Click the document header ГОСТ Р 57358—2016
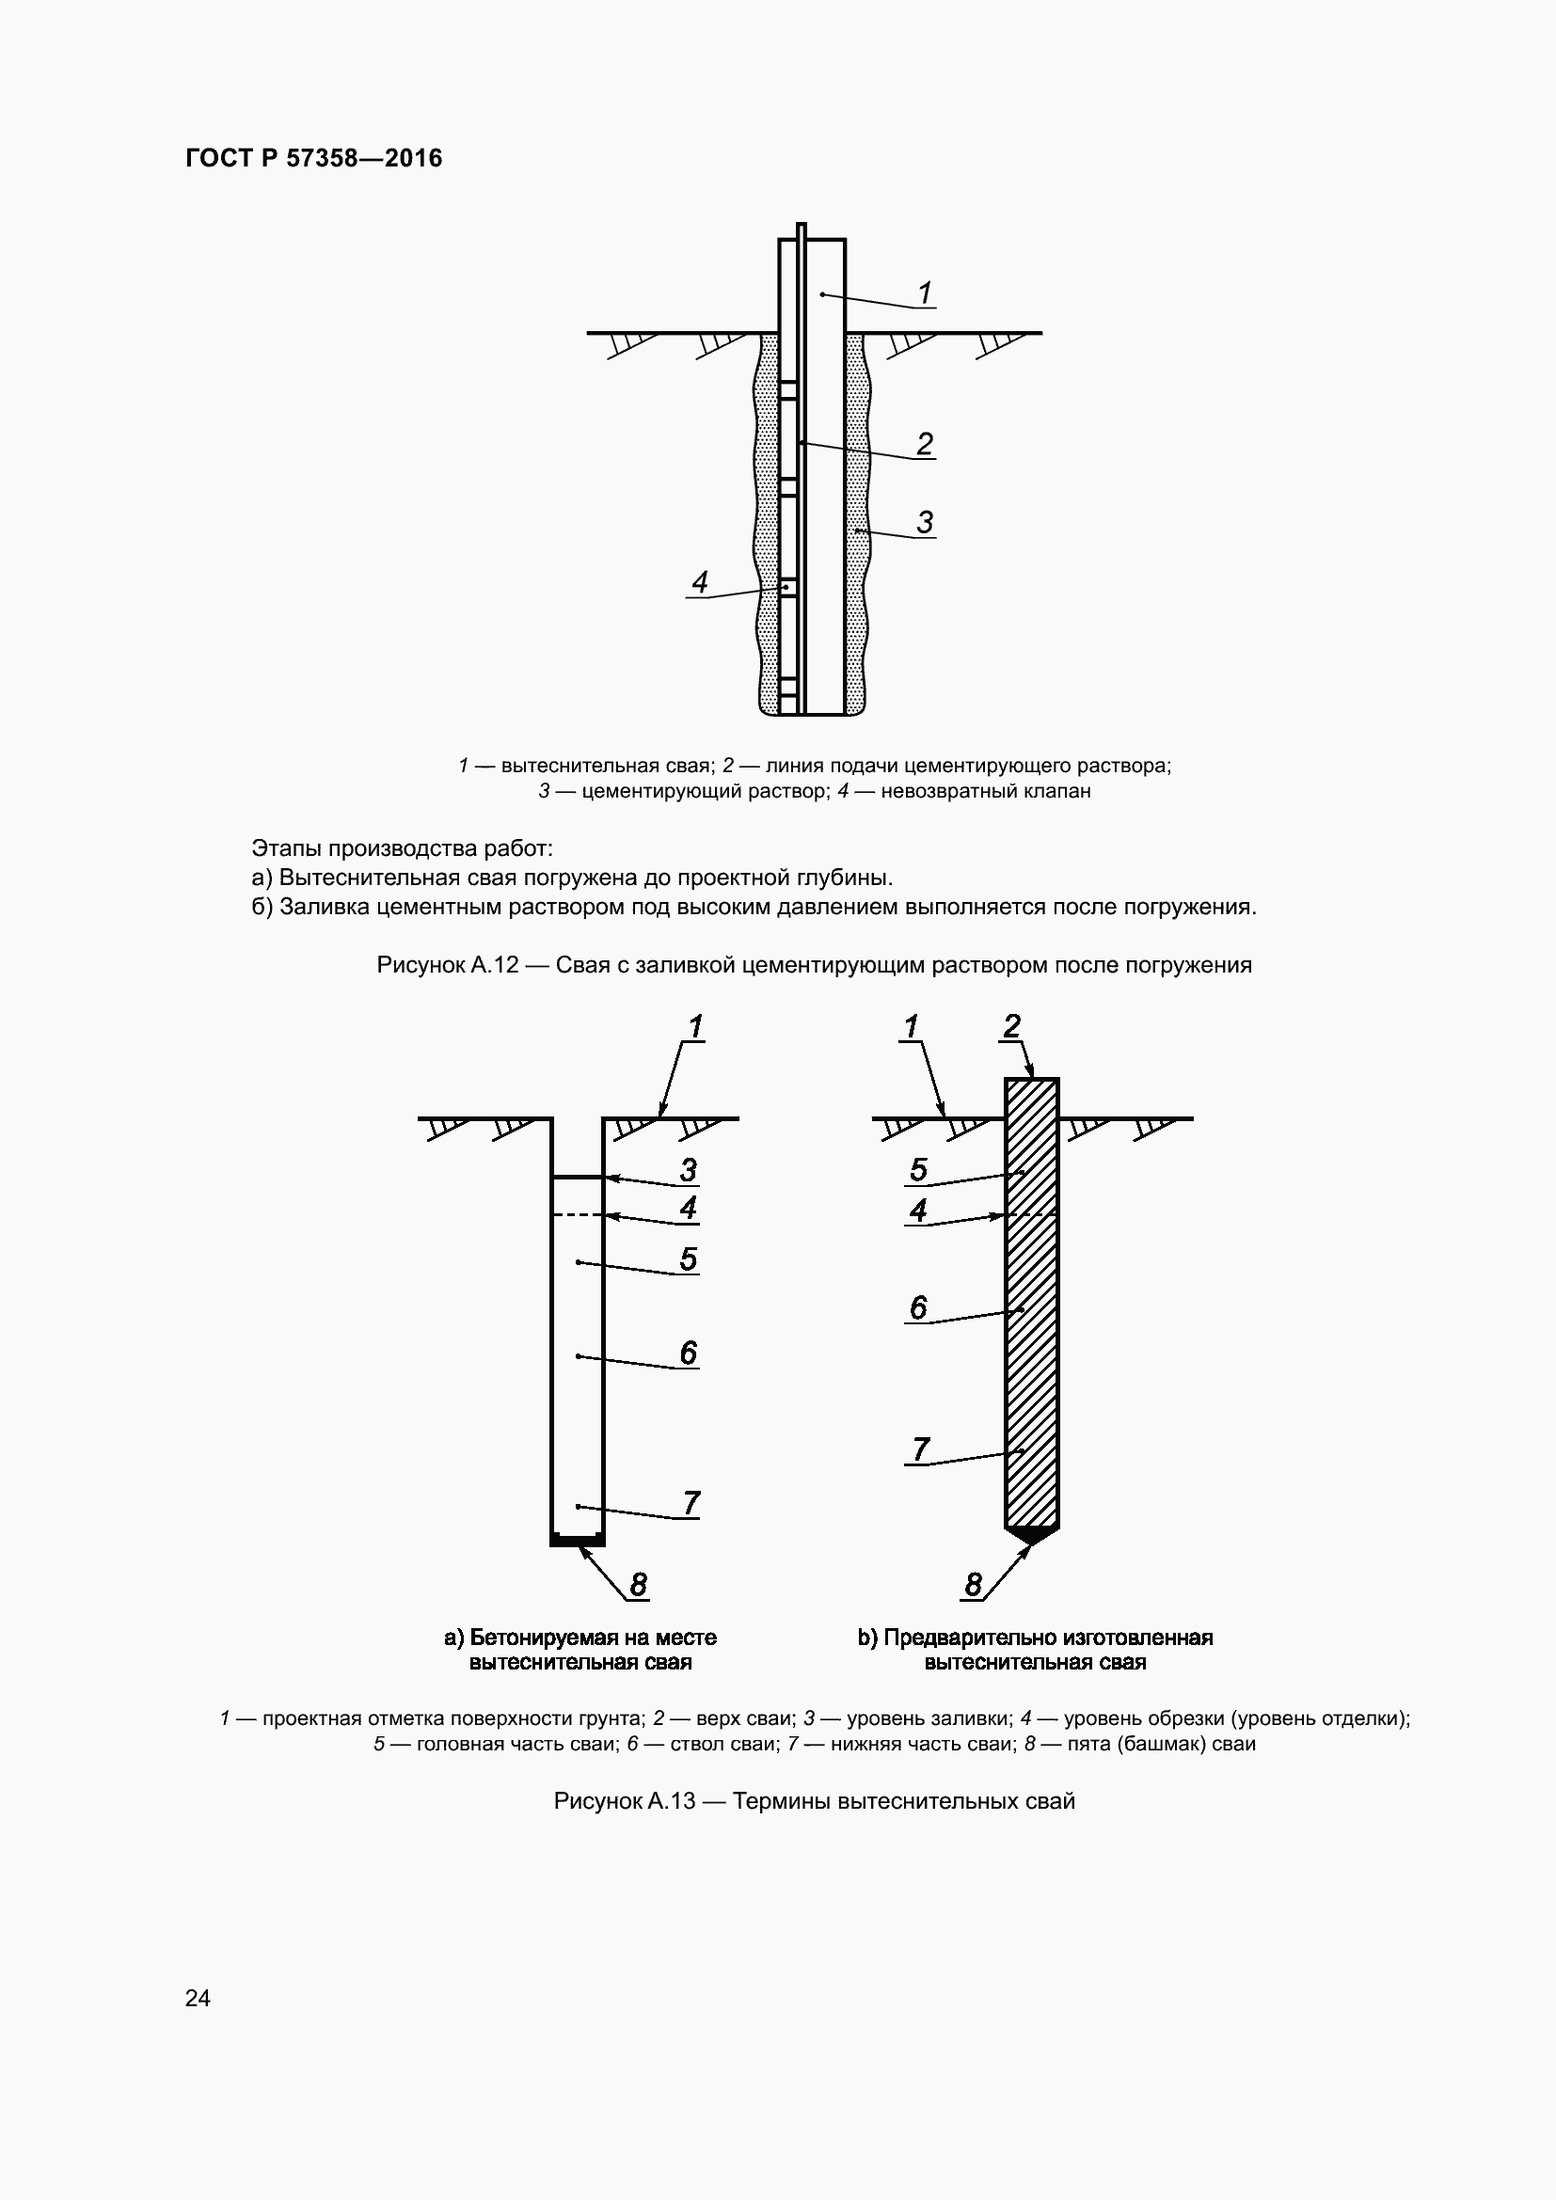(x=314, y=158)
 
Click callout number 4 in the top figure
(x=701, y=581)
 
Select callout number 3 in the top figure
(x=925, y=522)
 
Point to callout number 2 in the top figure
(x=925, y=444)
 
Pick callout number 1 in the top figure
(x=925, y=293)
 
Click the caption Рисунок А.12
(x=448, y=964)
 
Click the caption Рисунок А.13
(x=625, y=1801)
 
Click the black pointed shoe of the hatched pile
(x=1032, y=1534)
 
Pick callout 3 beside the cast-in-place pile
(x=688, y=1170)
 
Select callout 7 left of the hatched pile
(x=920, y=1449)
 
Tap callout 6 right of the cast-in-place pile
(x=688, y=1352)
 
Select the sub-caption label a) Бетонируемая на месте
(x=580, y=1638)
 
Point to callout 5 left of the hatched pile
(x=918, y=1170)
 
